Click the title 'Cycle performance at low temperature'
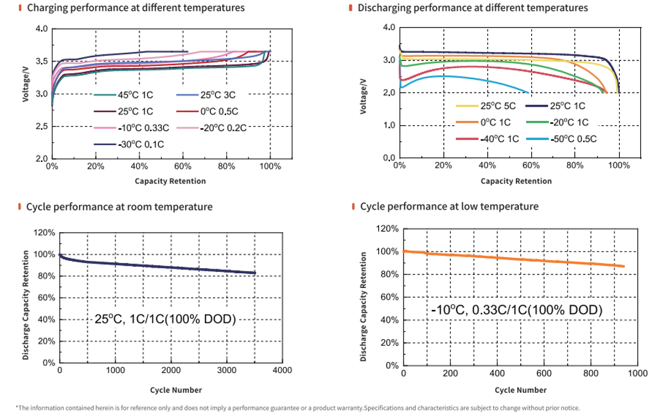point(449,206)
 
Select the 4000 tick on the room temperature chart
point(282,371)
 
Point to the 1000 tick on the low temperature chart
point(637,373)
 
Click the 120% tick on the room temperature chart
point(44,233)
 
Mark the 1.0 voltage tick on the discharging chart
point(389,125)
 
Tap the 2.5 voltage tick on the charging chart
point(41,127)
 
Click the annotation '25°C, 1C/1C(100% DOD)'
point(165,319)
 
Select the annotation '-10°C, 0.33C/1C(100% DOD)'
point(517,310)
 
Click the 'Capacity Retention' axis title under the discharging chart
point(516,181)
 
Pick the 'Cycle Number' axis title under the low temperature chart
point(520,390)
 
